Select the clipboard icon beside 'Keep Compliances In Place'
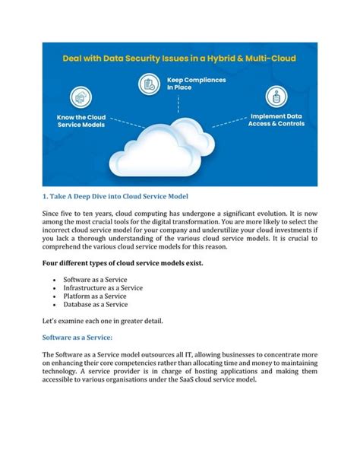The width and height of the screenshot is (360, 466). [x=153, y=82]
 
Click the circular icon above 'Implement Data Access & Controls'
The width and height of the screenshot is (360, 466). [x=276, y=97]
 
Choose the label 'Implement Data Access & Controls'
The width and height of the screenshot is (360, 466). [x=276, y=121]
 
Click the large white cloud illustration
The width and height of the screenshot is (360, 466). [x=179, y=148]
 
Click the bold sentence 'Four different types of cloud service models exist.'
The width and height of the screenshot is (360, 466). [x=122, y=262]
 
